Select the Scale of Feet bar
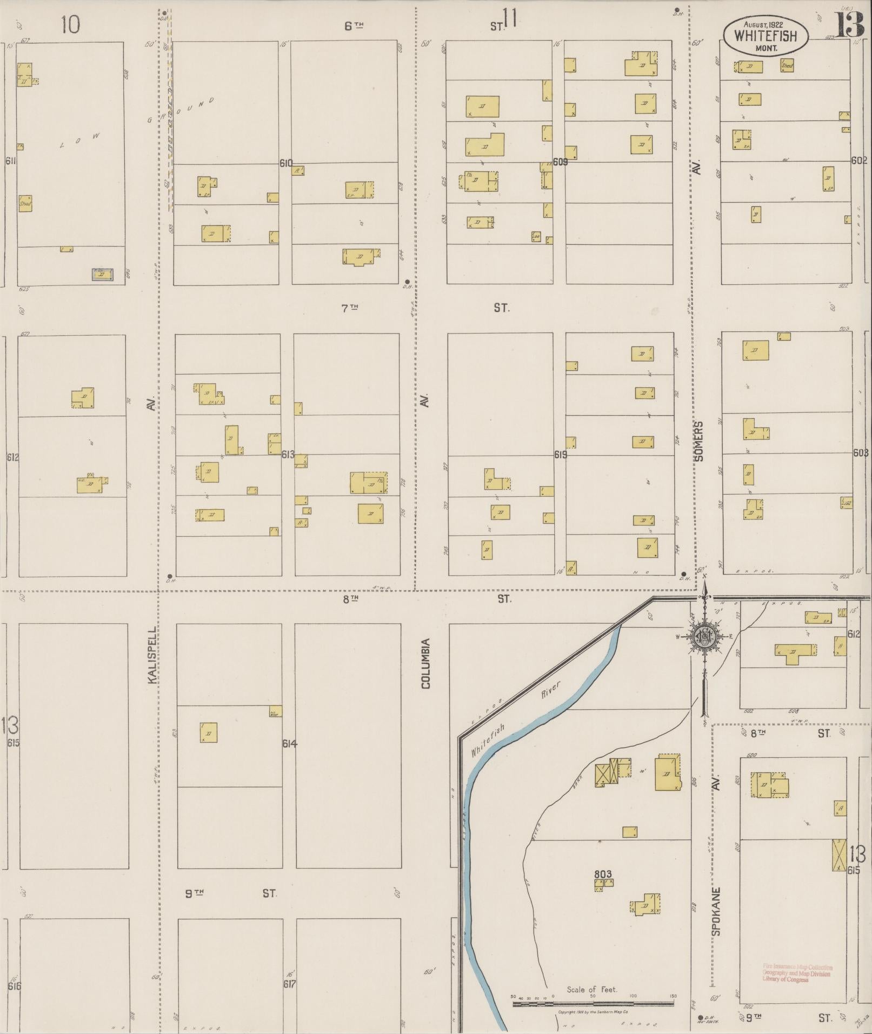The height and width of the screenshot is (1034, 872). click(593, 1004)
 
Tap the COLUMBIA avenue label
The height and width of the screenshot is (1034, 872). click(426, 663)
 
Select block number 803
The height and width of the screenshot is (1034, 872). click(602, 874)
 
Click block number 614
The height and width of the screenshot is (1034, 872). click(290, 744)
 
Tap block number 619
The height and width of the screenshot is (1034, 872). click(560, 455)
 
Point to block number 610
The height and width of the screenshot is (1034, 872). click(286, 163)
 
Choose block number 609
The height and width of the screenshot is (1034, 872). click(560, 162)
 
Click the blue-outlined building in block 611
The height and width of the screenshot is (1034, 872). click(102, 274)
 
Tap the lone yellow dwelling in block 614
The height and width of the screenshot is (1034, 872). click(209, 732)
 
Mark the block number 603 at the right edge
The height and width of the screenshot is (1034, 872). click(860, 453)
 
